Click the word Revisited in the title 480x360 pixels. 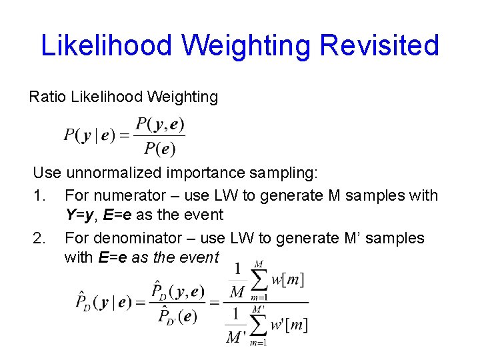[380, 45]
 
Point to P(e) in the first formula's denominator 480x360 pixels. [161, 148]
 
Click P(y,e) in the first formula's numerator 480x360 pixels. [160, 124]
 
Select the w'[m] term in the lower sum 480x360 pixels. [289, 325]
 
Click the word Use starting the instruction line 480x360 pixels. [47, 173]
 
